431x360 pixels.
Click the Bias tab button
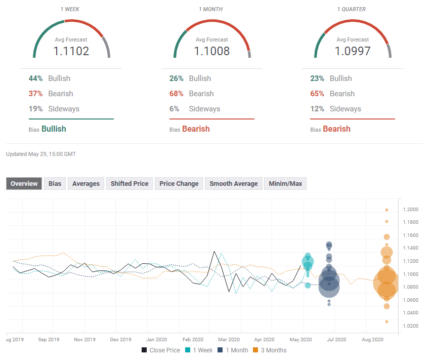tap(55, 184)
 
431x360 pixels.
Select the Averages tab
tap(86, 184)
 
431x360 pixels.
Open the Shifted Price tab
tap(130, 184)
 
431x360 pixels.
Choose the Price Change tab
tap(179, 184)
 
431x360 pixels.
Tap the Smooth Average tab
tap(234, 184)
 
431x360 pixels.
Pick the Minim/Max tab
tap(285, 184)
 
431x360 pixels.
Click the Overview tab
tap(24, 184)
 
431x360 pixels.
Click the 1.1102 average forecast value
tap(71, 51)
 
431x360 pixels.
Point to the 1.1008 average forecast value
tap(212, 51)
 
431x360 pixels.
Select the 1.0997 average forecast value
tap(353, 51)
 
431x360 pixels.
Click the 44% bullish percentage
tap(35, 78)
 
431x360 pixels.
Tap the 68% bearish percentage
tap(176, 94)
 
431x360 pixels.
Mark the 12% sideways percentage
tap(317, 109)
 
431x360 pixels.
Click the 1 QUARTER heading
tap(353, 9)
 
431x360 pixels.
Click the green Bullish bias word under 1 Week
tap(54, 129)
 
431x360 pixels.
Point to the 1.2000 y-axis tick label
tap(410, 210)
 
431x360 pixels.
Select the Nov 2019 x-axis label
tap(84, 340)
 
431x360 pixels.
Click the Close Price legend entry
tap(161, 350)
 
